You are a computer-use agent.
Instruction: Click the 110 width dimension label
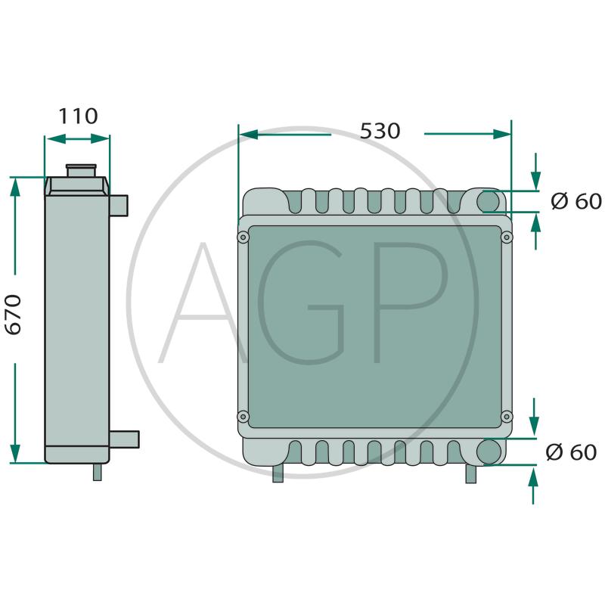(78, 116)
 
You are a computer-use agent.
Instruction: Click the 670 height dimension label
(13, 315)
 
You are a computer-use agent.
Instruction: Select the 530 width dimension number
(380, 131)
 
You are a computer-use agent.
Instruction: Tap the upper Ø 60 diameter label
(576, 201)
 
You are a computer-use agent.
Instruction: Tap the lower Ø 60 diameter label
(571, 451)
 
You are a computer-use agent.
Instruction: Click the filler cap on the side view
(81, 170)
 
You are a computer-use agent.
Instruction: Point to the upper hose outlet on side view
(119, 206)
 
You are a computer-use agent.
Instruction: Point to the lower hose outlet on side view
(124, 439)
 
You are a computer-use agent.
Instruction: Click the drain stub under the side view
(98, 472)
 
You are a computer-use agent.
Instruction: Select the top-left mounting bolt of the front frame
(243, 237)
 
